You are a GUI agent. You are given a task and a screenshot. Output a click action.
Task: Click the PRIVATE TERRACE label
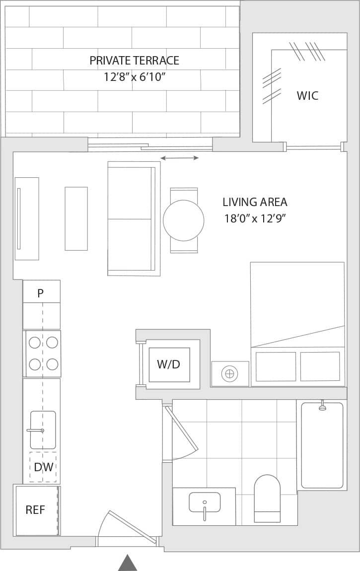point(134,61)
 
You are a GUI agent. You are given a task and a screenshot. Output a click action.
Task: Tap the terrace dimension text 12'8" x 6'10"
point(134,77)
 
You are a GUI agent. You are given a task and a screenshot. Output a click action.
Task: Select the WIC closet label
point(307,96)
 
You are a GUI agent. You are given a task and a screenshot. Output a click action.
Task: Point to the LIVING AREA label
point(255,202)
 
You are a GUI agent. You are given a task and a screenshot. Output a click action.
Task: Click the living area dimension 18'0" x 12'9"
point(255,218)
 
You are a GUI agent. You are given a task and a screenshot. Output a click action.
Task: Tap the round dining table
point(183,220)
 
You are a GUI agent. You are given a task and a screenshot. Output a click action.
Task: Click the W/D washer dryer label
point(168,364)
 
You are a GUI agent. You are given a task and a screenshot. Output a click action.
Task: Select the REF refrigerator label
point(35,510)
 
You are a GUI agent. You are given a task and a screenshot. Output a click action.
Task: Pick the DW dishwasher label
point(43,467)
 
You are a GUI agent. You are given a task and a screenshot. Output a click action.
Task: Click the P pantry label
point(40,293)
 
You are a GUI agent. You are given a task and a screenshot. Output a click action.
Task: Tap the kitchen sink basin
point(43,430)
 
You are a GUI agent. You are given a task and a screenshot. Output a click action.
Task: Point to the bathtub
point(322,445)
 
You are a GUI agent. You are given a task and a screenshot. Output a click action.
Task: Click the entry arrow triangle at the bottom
point(128,563)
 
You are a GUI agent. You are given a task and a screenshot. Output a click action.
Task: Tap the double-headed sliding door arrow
point(179,158)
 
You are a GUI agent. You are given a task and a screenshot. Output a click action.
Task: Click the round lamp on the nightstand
point(229,373)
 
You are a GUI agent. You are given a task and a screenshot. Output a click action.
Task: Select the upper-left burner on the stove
point(35,342)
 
